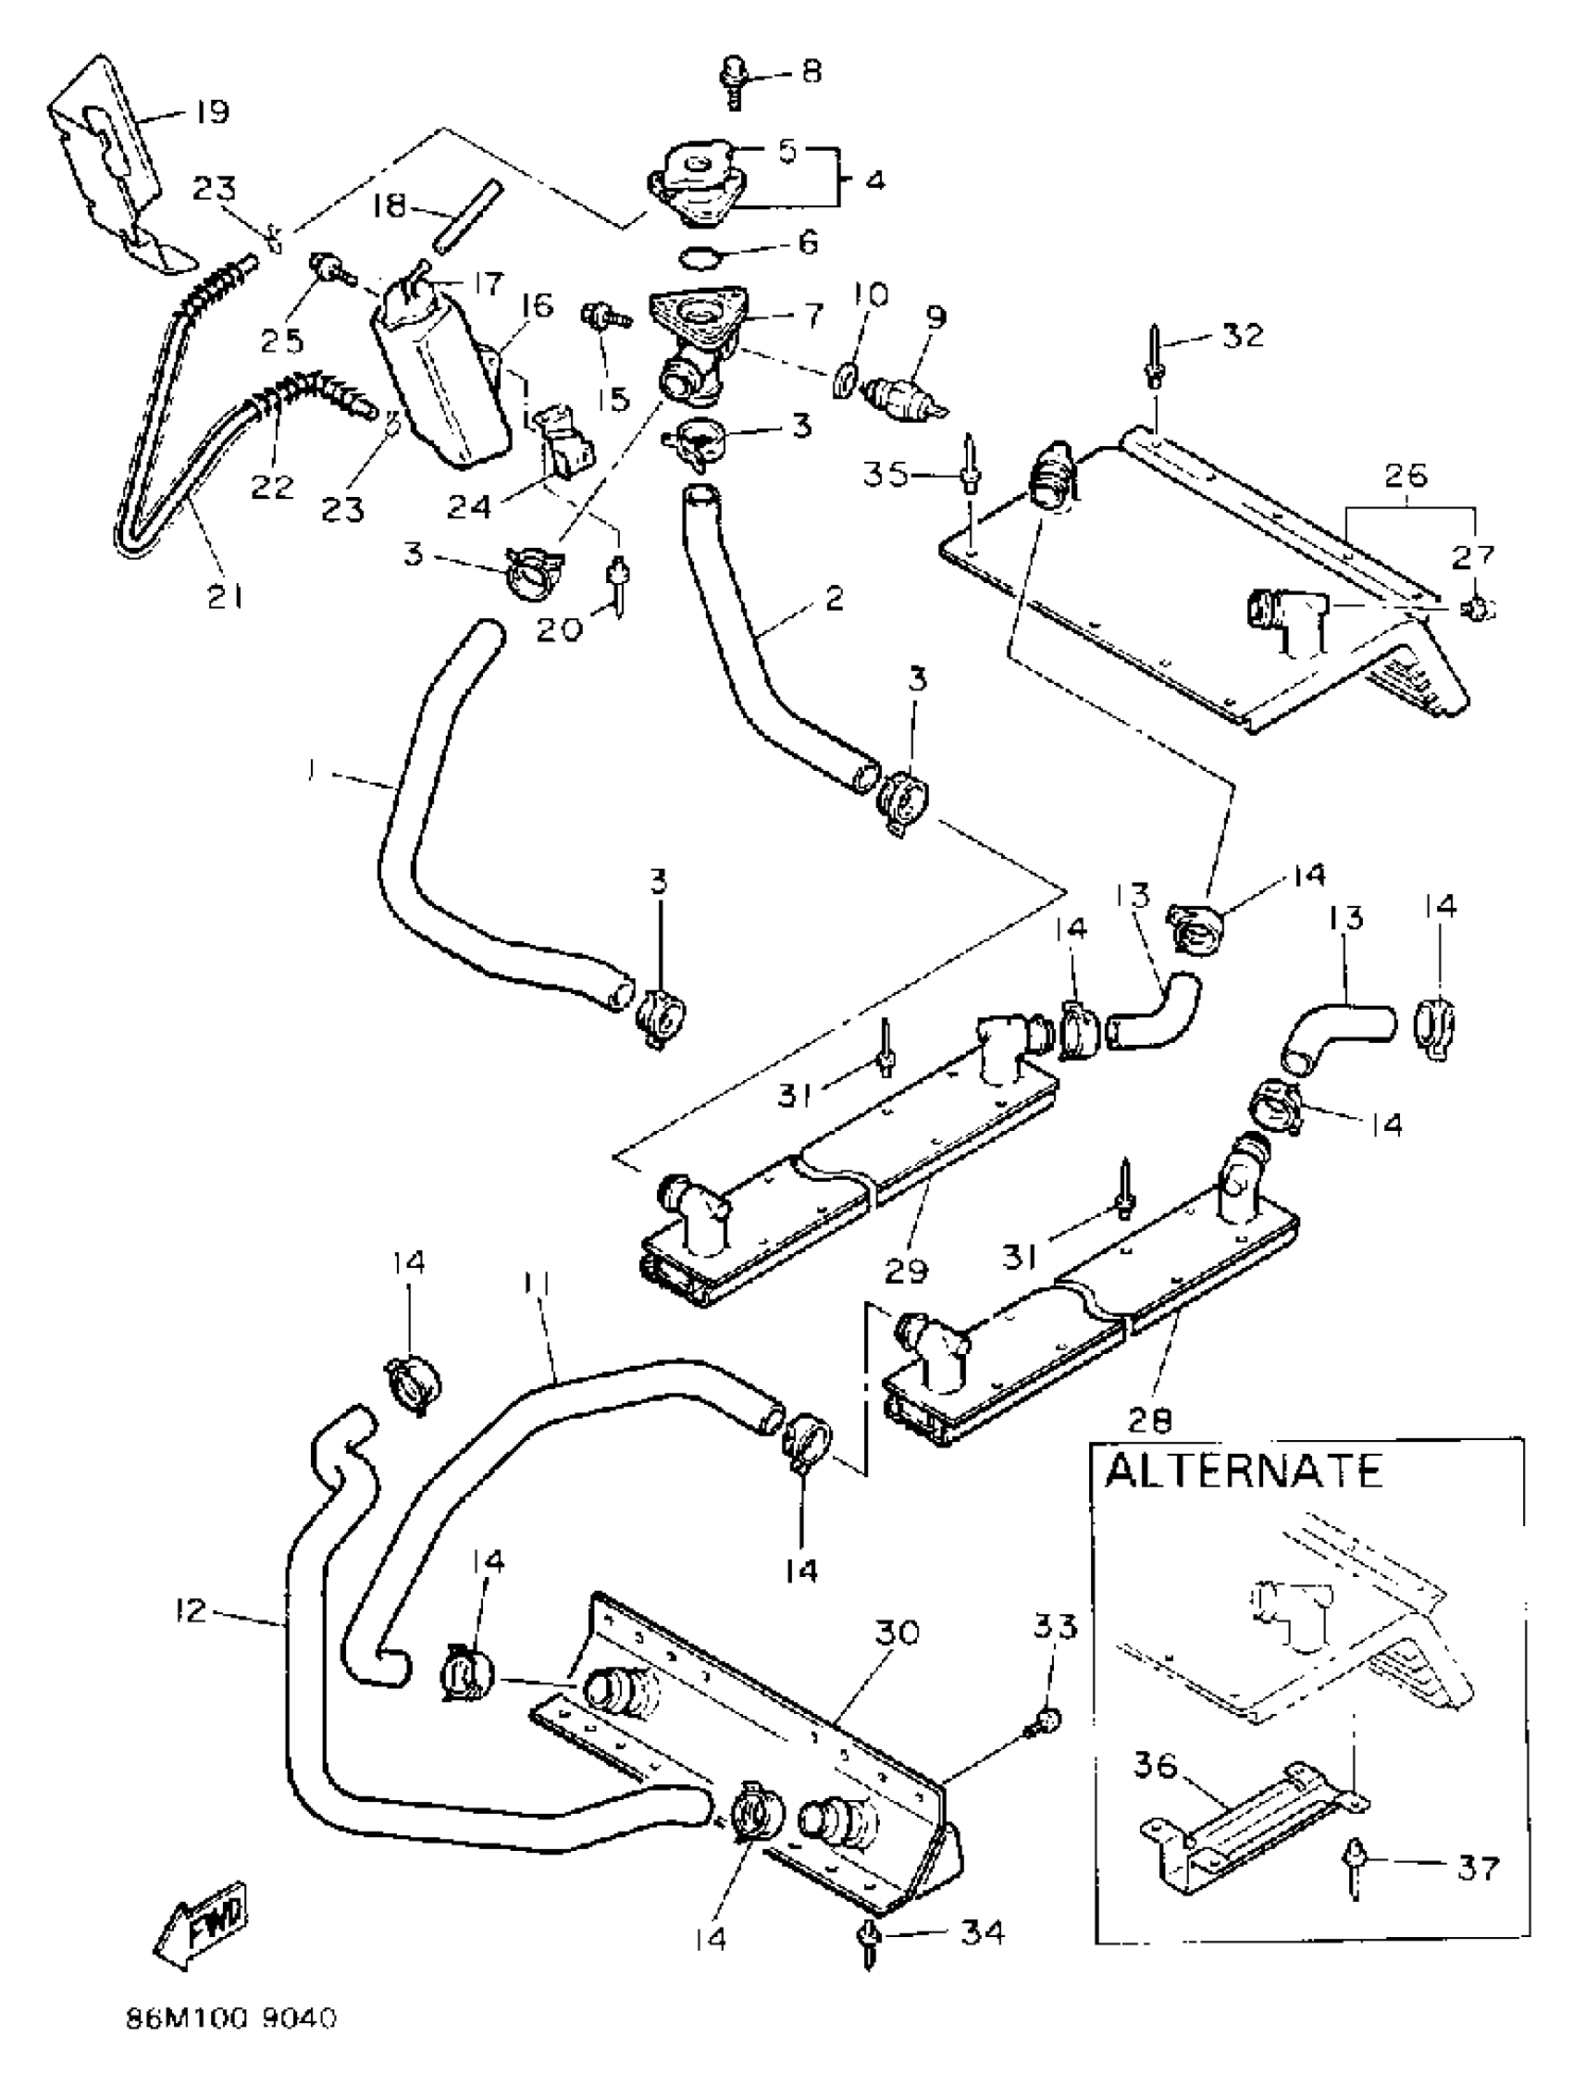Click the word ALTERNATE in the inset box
click(x=1243, y=1472)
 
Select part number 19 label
click(x=212, y=113)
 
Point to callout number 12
click(x=190, y=1611)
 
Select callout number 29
click(x=906, y=1271)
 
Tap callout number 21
click(x=224, y=594)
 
